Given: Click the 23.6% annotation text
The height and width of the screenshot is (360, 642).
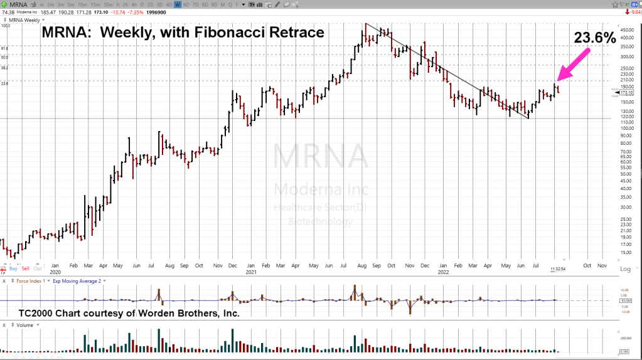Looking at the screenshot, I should pos(595,38).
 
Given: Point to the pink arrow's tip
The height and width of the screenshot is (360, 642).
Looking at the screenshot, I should pos(557,80).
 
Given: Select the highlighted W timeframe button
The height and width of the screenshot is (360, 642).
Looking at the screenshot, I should pos(178,4).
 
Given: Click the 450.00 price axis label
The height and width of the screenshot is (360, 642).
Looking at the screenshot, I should pos(626,29).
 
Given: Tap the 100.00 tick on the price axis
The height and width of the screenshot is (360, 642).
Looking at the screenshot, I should pos(626,128).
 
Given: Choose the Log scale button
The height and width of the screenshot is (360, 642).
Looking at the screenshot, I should pos(625,269).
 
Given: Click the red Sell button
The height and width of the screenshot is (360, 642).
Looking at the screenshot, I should pos(26,268).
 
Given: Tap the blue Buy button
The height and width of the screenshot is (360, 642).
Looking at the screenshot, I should pos(13,268).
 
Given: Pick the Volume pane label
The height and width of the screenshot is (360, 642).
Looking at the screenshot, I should pos(26,326).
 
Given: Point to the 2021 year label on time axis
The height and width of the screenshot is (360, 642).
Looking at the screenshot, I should pos(251,272).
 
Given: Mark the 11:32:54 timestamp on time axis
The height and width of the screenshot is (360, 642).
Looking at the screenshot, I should pos(559,268).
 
